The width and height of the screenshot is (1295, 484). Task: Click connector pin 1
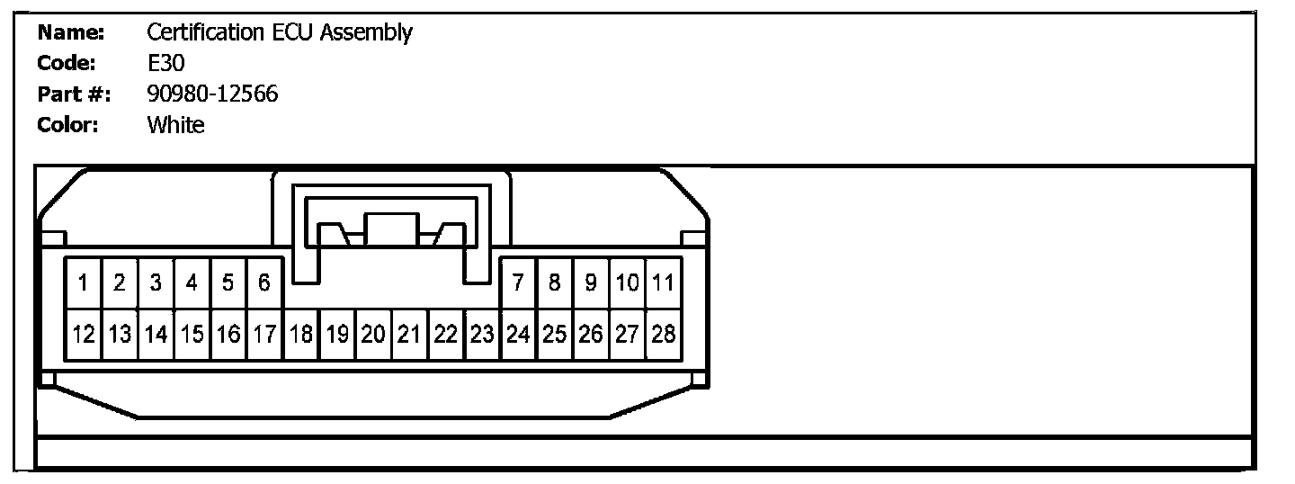pyautogui.click(x=84, y=283)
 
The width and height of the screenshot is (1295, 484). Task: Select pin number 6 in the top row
pyautogui.click(x=264, y=283)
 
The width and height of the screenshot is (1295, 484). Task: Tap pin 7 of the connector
pyautogui.click(x=518, y=283)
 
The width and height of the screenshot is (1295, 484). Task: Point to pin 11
pyautogui.click(x=663, y=283)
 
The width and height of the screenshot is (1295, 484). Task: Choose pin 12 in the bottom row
pyautogui.click(x=84, y=335)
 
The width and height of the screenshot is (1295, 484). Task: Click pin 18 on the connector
pyautogui.click(x=301, y=335)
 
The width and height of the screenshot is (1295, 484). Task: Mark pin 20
pyautogui.click(x=373, y=335)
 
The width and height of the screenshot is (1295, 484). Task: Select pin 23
pyautogui.click(x=482, y=335)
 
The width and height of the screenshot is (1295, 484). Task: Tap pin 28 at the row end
pyautogui.click(x=663, y=335)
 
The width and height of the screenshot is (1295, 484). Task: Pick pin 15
pyautogui.click(x=192, y=335)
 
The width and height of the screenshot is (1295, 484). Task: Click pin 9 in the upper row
pyautogui.click(x=590, y=283)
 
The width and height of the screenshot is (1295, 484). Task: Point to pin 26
pyautogui.click(x=590, y=335)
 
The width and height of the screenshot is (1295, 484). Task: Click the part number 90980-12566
pyautogui.click(x=212, y=94)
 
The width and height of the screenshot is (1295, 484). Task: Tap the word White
pyautogui.click(x=175, y=125)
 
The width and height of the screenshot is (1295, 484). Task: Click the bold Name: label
pyautogui.click(x=71, y=33)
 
